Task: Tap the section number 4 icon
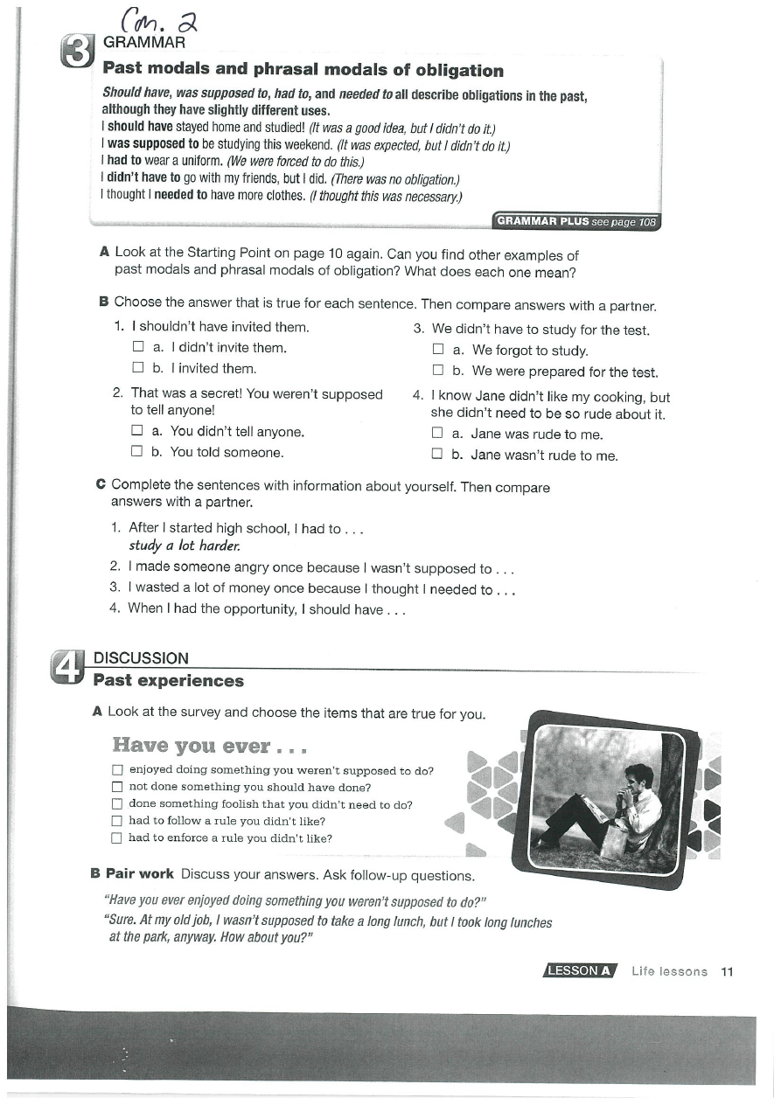69,669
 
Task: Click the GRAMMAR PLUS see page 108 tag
575,222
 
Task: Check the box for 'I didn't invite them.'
137,348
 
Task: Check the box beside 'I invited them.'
137,368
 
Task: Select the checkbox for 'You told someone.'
136,452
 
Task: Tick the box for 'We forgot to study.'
438,351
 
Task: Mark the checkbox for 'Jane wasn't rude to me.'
437,455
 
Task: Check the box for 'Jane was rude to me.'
437,434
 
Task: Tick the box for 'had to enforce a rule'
117,838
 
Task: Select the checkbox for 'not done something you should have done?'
117,788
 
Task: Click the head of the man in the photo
638,775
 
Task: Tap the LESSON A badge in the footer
581,971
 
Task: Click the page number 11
726,971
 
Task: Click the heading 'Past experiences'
169,681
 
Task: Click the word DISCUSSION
141,658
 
